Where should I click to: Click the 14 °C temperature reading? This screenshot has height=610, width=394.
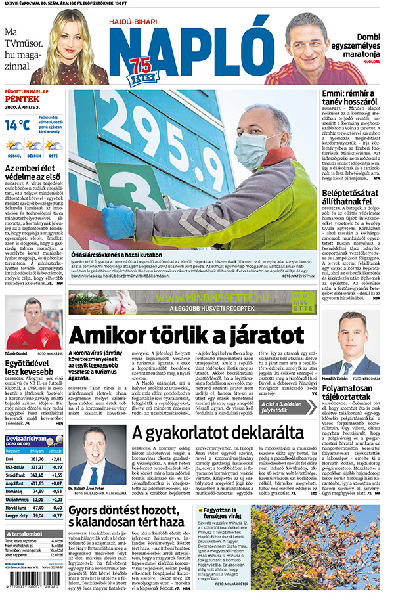18,124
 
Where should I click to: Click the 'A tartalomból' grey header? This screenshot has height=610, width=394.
26,533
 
